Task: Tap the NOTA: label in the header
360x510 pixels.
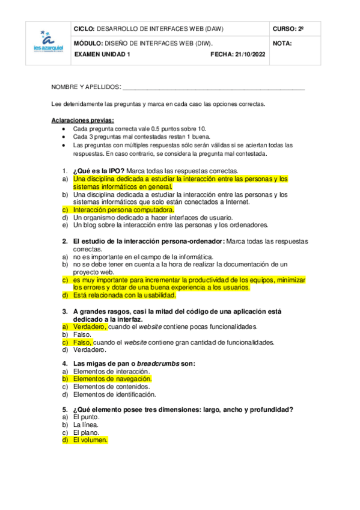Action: click(282, 43)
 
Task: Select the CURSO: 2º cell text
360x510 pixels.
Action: click(288, 29)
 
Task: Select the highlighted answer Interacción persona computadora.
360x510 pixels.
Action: click(124, 210)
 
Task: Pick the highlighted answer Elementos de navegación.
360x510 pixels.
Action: click(112, 379)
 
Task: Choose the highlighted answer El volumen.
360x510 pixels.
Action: click(90, 440)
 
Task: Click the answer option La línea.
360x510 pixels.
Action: click(87, 425)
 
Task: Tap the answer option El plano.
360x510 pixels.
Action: click(87, 432)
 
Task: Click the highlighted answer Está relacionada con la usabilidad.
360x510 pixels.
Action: click(124, 295)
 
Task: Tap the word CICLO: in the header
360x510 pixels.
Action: click(83, 29)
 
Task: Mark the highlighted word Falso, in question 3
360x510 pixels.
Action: click(83, 342)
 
